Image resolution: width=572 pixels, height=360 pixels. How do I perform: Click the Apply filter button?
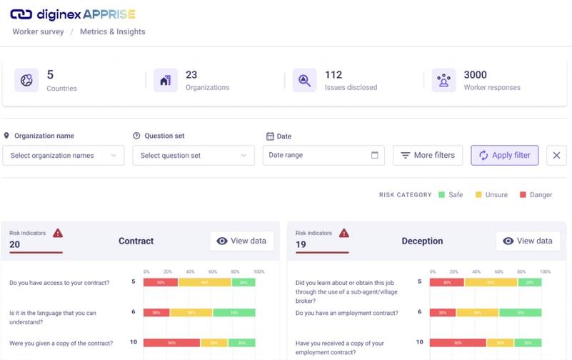click(x=504, y=155)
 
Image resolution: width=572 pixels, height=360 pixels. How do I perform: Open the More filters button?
click(x=428, y=155)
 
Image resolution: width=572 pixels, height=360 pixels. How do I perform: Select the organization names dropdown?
click(x=64, y=156)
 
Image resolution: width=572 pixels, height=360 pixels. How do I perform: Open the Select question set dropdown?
click(x=194, y=156)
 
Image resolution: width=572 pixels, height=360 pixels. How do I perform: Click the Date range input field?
click(x=323, y=155)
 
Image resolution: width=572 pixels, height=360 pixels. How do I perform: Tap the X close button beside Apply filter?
click(x=556, y=156)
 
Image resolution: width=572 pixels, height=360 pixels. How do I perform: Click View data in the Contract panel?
click(x=241, y=241)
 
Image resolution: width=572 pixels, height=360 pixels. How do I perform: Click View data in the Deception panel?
click(x=528, y=241)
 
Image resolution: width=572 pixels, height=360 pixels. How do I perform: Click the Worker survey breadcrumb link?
click(x=38, y=32)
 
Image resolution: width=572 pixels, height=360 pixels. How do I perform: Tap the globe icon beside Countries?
click(x=27, y=81)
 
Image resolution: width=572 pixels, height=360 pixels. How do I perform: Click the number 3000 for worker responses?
click(x=476, y=75)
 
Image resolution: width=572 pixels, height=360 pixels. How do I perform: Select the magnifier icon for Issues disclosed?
click(x=305, y=81)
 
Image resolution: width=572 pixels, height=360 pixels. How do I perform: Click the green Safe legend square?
click(x=442, y=194)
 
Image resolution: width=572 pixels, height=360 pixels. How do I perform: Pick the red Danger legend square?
click(x=523, y=194)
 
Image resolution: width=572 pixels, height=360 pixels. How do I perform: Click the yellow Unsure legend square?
click(x=478, y=194)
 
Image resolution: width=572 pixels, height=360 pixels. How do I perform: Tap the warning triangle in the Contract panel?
click(x=58, y=233)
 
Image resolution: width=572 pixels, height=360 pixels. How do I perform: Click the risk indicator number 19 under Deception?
click(x=301, y=244)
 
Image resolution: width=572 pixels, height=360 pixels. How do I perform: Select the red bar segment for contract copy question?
click(x=171, y=343)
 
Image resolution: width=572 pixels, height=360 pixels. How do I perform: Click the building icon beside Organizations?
click(x=166, y=81)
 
